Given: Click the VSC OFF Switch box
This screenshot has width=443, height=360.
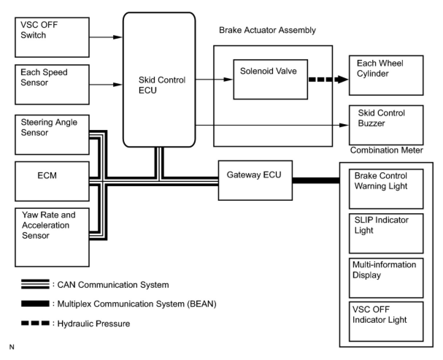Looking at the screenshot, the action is point(52,37).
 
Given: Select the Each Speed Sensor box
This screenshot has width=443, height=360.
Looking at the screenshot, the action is point(52,84).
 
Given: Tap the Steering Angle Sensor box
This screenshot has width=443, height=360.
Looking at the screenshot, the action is point(52,135).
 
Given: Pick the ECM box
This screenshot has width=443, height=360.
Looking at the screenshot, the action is point(52,181).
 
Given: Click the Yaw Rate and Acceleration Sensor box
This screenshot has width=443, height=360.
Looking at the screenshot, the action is point(52,237).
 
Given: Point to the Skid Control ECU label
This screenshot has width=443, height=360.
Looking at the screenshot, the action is point(162,85).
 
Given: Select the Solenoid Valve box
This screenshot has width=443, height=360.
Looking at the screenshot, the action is point(270,80).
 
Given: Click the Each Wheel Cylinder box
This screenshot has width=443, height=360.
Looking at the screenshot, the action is point(386,75).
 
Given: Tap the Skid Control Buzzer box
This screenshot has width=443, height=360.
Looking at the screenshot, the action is point(386,125).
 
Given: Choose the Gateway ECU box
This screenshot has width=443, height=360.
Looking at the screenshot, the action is point(255,180).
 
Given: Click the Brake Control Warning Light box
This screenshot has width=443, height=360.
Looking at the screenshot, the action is point(386,189).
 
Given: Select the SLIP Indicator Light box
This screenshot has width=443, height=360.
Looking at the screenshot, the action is point(386,233).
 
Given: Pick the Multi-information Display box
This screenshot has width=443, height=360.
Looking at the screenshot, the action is point(386,278).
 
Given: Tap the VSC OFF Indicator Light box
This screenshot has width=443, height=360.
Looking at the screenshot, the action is point(386,322).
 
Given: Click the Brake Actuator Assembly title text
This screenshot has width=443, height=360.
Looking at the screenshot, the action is point(267,30).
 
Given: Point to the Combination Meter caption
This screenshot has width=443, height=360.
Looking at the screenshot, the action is point(386,150).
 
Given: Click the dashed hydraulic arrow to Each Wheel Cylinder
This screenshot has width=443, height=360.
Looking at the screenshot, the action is point(328,79).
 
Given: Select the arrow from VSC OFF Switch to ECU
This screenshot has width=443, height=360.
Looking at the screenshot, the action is point(106,37).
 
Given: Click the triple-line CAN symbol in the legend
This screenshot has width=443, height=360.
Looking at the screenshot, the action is point(35,284).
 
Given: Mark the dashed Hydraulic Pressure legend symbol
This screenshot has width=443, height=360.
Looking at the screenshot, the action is point(35,323).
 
